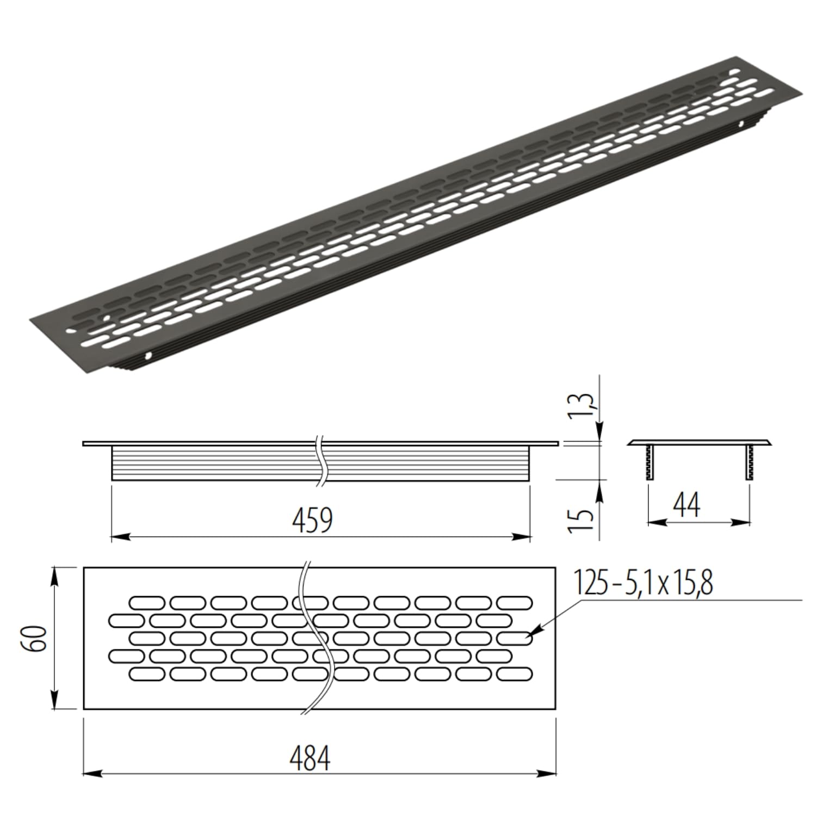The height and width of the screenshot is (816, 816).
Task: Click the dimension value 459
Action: [x=312, y=520]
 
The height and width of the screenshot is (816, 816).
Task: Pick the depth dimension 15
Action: [x=582, y=521]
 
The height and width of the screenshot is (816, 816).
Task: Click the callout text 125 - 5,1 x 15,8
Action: [x=643, y=584]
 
